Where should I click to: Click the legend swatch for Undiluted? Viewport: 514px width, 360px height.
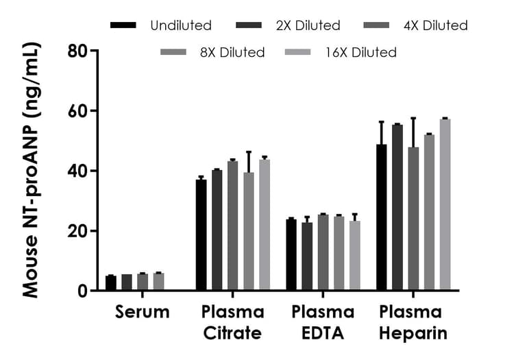124,25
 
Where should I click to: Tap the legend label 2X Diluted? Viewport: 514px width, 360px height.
308,25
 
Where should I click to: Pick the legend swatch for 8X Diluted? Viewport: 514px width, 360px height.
173,52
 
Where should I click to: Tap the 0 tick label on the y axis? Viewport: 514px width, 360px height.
82,291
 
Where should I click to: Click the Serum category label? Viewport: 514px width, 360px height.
142,313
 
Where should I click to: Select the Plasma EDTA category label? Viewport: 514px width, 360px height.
323,323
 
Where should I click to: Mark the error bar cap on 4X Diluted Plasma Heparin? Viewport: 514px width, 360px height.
413,118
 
